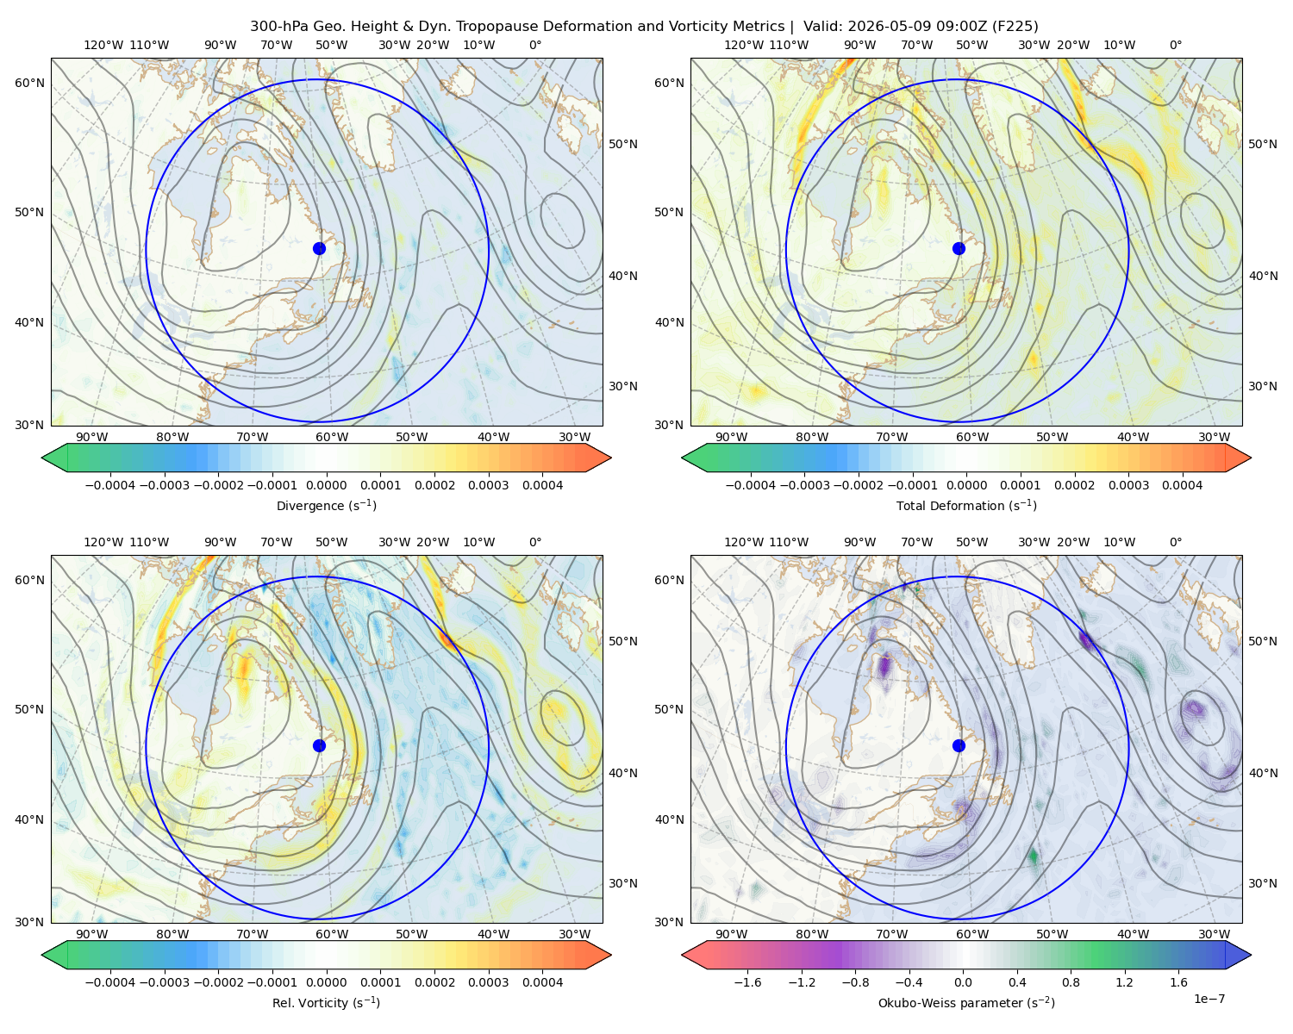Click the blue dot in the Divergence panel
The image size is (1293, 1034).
pos(319,248)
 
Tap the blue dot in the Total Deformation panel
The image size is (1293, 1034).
pos(959,248)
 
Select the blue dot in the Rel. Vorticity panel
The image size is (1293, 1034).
pos(319,745)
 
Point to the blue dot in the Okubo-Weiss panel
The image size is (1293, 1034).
pos(959,745)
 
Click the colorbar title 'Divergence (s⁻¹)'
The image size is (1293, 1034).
pos(326,505)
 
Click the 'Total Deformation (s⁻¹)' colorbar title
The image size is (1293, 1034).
pos(966,505)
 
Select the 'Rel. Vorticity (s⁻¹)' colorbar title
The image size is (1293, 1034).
pos(326,1002)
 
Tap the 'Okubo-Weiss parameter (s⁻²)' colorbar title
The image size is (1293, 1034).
pos(966,1002)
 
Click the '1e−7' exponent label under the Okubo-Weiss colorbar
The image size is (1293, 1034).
pos(1209,999)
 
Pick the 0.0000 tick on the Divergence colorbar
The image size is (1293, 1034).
pos(326,485)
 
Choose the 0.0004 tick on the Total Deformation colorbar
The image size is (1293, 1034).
pos(1182,485)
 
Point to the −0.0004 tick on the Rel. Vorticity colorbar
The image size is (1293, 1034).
pos(110,982)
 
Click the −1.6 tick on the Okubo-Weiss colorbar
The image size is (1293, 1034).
pos(747,982)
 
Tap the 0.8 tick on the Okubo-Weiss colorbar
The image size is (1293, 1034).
pos(1071,982)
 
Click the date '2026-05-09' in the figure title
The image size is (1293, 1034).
pos(883,27)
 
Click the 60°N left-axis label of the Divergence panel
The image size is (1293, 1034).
pos(29,83)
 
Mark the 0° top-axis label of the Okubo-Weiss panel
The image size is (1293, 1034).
pos(1175,542)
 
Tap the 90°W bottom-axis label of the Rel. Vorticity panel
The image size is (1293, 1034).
pos(92,934)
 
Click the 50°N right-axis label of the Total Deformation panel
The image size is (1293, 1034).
pos(1262,144)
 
